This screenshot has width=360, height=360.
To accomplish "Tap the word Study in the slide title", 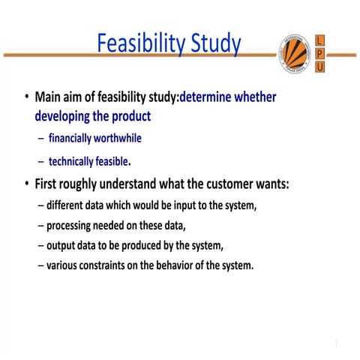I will pyautogui.click(x=214, y=44).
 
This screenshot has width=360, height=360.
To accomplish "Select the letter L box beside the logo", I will pyautogui.click(x=320, y=39).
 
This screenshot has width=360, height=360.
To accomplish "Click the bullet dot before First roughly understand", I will pyautogui.click(x=27, y=184).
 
